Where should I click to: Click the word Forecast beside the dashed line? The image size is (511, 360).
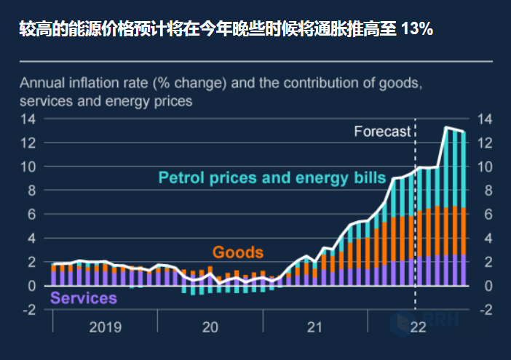tap(382, 132)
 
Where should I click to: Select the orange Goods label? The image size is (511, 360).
tap(237, 252)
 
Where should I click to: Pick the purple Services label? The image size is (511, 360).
tap(83, 298)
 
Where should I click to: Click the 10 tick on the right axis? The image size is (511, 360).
tap(486, 167)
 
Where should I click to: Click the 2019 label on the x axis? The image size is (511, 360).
tap(106, 328)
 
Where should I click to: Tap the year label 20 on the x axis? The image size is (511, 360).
tap(210, 328)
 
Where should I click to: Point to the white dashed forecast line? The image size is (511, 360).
tap(415, 218)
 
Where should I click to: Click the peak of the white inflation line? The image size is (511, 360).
tap(446, 128)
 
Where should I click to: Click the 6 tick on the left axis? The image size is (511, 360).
tap(32, 215)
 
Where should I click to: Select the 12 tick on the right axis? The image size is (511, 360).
tap(486, 143)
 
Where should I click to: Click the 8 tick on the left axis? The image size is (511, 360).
tap(32, 191)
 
